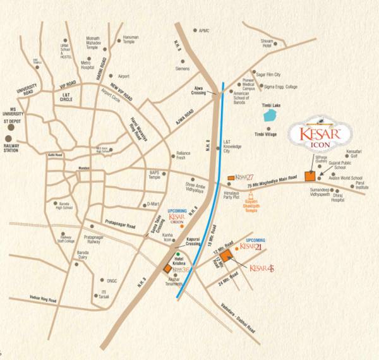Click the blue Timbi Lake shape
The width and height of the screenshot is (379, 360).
pyautogui.click(x=270, y=116)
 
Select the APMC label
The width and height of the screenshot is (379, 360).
pyautogui.click(x=203, y=30)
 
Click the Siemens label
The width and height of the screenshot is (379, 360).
pyautogui.click(x=182, y=68)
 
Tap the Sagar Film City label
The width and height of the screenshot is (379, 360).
pyautogui.click(x=268, y=74)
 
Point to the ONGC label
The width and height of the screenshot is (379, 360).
pyautogui.click(x=111, y=280)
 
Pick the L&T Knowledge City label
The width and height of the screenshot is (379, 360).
pyautogui.click(x=231, y=147)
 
